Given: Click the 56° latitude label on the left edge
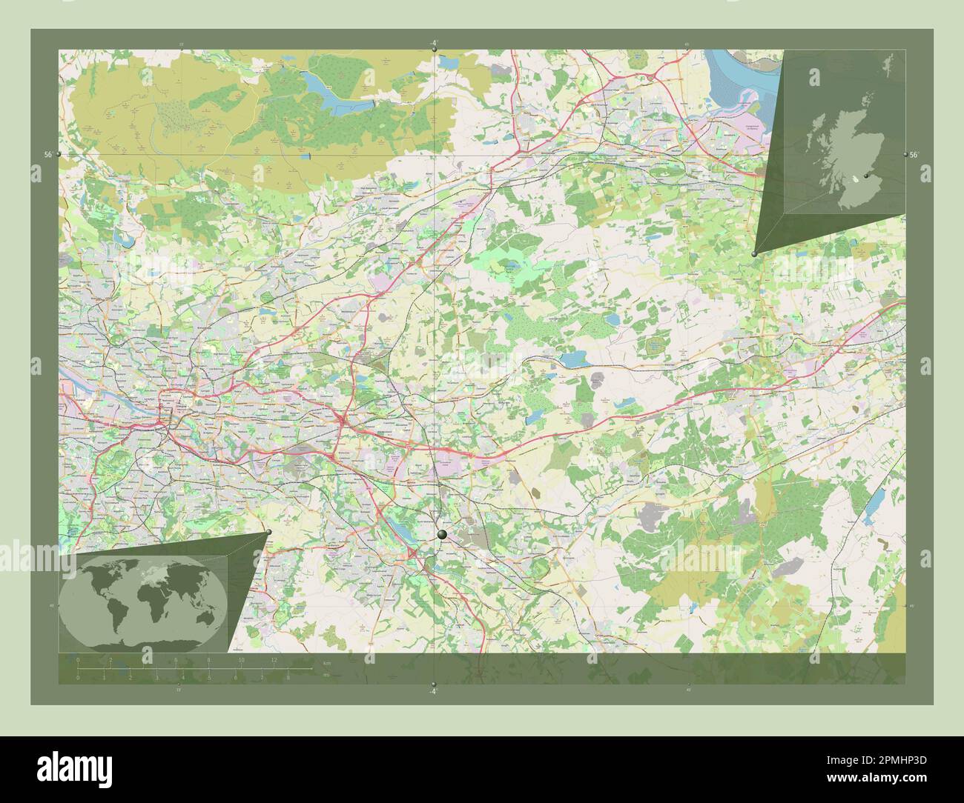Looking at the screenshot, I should (x=47, y=154).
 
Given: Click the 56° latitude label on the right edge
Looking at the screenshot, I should (x=914, y=154).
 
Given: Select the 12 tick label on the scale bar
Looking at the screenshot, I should (x=274, y=659).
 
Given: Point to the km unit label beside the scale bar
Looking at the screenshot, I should (x=326, y=662).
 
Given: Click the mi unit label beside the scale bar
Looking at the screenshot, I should (x=326, y=675).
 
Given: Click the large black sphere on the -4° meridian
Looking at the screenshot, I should (x=443, y=534).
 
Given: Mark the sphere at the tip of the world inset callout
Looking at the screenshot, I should (x=268, y=532).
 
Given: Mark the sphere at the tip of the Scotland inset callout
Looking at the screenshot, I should (x=755, y=253).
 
